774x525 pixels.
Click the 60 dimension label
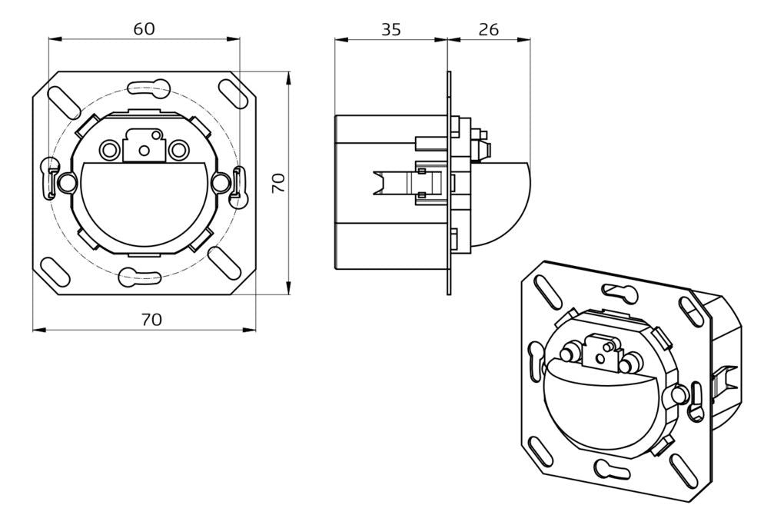[x=144, y=28]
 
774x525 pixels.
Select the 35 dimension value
[x=390, y=29]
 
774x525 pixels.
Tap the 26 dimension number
[x=488, y=29]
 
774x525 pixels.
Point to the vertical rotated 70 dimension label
[x=279, y=182]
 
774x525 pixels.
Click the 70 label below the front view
[x=151, y=319]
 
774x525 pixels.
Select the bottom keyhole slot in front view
[x=141, y=274]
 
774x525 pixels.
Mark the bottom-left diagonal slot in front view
[x=56, y=272]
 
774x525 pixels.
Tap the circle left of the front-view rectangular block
[x=108, y=148]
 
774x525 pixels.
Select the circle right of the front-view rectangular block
[x=179, y=148]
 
